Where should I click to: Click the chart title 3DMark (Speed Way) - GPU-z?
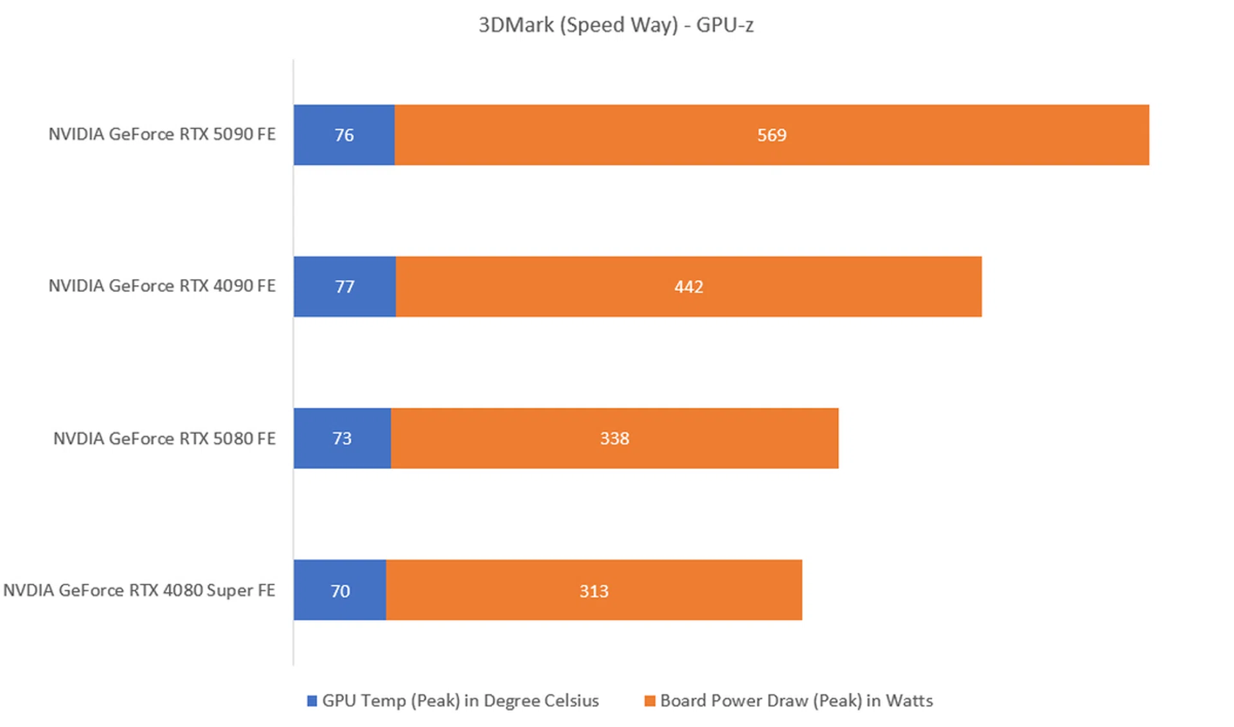[616, 25]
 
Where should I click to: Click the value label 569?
[771, 135]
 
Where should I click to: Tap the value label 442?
[688, 287]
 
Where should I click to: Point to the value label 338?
[614, 439]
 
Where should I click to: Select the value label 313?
[594, 591]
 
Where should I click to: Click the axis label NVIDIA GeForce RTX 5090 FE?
[162, 134]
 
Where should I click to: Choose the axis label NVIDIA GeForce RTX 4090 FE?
[162, 286]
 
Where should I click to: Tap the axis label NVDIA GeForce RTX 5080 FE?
[165, 439]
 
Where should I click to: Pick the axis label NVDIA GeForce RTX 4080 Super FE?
[139, 591]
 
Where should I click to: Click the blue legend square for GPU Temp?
[312, 701]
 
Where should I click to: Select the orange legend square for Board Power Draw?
[650, 701]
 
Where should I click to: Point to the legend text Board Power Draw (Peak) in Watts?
[796, 701]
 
